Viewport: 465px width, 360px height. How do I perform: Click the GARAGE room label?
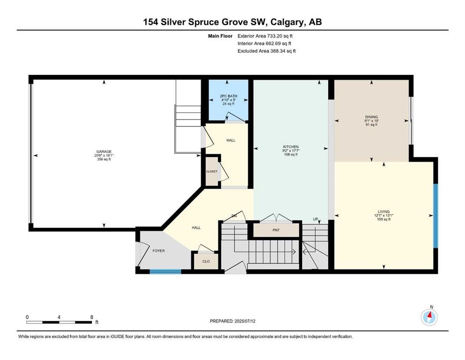pos(103,152)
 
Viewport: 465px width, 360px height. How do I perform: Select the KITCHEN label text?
pos(290,147)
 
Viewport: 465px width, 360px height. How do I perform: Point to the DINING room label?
pos(371,117)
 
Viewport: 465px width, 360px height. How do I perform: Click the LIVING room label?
pos(384,211)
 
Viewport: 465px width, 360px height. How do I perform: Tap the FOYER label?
pos(159,251)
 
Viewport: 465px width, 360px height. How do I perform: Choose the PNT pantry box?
pos(276,230)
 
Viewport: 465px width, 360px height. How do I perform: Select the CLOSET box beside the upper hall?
pos(212,172)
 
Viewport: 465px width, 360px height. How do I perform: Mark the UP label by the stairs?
pos(316,219)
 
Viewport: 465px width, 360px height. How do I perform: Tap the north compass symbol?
pos(429,317)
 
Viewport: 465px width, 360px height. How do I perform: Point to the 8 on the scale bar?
pos(91,317)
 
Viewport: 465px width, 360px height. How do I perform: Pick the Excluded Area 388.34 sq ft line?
pos(266,51)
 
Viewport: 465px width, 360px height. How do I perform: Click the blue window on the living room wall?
pos(435,215)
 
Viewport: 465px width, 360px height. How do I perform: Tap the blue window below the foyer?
pos(165,271)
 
